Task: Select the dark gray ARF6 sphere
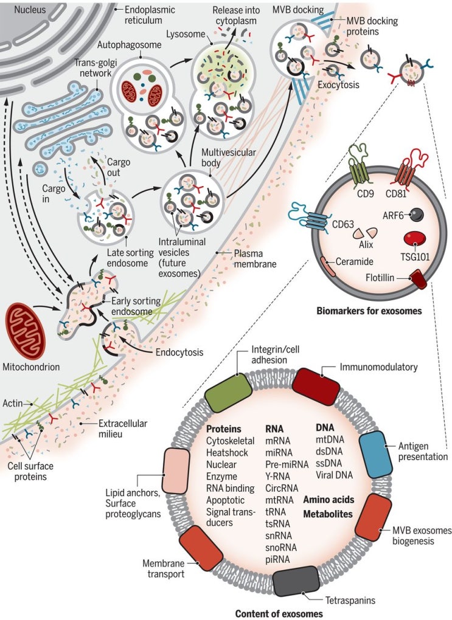coord(417,214)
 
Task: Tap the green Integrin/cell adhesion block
coord(229,393)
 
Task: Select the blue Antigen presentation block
coord(378,450)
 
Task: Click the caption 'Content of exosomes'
coord(279,613)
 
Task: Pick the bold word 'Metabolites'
coord(333,514)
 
